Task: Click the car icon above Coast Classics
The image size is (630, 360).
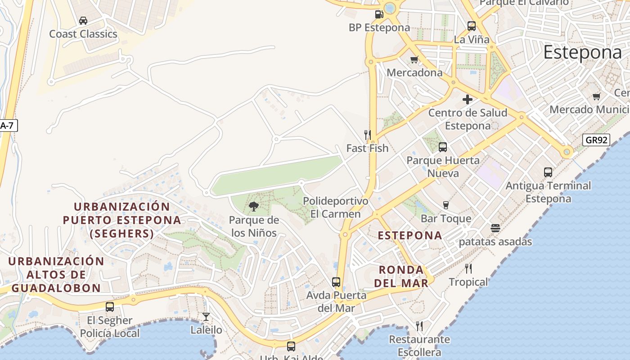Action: click(x=83, y=21)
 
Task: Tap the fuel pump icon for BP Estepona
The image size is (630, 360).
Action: click(x=378, y=14)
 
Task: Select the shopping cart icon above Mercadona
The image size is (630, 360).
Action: click(x=414, y=59)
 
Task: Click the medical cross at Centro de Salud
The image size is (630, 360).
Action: click(x=468, y=99)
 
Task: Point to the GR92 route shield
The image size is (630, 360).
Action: click(x=596, y=140)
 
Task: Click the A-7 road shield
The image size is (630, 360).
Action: click(x=7, y=126)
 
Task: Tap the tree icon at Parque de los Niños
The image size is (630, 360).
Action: click(x=254, y=207)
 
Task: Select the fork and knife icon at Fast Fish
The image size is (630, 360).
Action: click(x=368, y=135)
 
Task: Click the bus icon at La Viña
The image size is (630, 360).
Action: click(x=472, y=26)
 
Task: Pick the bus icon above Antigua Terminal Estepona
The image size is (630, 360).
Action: click(x=548, y=172)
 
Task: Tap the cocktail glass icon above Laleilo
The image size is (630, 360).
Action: click(x=206, y=317)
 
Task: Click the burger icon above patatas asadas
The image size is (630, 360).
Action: click(x=495, y=228)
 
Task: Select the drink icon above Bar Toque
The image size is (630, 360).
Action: click(x=446, y=205)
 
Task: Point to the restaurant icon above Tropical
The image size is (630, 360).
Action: click(x=468, y=269)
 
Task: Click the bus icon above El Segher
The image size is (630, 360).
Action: click(x=110, y=307)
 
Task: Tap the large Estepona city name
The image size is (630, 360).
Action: click(x=582, y=53)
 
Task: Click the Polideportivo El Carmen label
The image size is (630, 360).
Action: click(x=336, y=207)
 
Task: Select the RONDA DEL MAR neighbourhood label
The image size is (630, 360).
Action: click(x=401, y=276)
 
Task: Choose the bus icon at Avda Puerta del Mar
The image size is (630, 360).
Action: click(x=336, y=282)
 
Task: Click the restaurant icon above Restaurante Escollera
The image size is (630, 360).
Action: click(x=419, y=326)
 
